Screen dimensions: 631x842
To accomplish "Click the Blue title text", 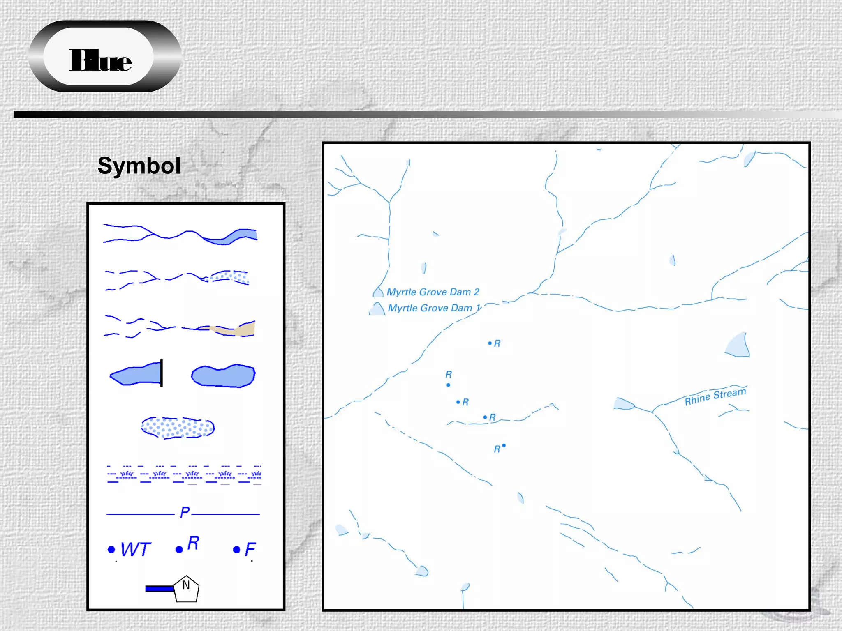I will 100,61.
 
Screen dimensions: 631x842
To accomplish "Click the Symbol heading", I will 139,166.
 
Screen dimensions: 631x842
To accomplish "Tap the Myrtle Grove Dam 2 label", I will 433,292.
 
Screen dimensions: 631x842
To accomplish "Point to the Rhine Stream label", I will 715,396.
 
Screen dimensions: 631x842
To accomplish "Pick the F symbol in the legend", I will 245,549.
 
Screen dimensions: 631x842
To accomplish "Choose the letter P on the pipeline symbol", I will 185,512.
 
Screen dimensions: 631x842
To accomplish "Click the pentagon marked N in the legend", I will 186,589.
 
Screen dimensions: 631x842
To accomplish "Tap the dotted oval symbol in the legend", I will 178,428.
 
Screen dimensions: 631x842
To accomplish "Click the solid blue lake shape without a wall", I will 223,375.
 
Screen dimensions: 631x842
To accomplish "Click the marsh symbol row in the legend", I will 184,475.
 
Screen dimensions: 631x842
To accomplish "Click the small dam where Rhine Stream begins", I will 622,404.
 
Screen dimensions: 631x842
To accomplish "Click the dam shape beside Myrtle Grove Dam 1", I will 377,309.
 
